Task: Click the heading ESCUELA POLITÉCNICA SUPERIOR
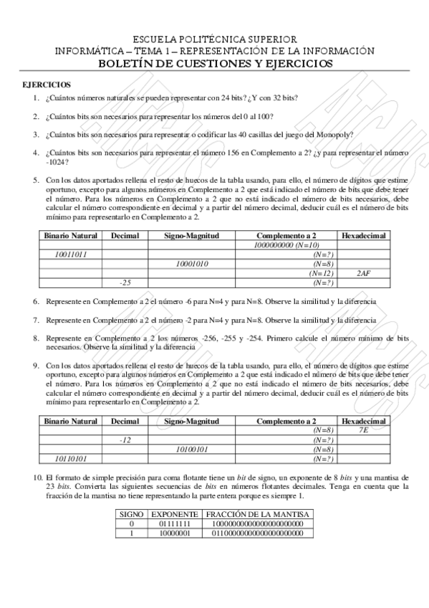(x=215, y=39)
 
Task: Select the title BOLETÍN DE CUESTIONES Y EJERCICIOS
(x=215, y=63)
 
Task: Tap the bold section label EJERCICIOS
(x=47, y=85)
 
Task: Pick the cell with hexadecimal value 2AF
(x=363, y=273)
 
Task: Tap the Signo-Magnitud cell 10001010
(x=191, y=263)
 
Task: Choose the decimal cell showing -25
(x=125, y=282)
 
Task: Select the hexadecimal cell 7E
(x=363, y=429)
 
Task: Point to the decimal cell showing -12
(x=125, y=440)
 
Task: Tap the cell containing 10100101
(x=191, y=449)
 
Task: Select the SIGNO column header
(x=131, y=514)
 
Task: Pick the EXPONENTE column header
(x=175, y=514)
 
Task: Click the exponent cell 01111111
(x=175, y=523)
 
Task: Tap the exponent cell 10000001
(x=175, y=533)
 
